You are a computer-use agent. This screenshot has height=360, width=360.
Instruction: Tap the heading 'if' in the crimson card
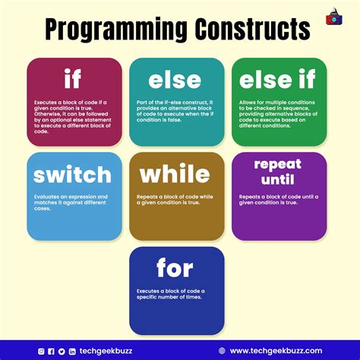pos(73,79)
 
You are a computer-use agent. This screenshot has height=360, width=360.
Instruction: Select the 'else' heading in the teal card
pos(176,79)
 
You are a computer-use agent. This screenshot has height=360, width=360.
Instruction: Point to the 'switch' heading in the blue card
pos(73,175)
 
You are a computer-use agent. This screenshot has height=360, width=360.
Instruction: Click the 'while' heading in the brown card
pos(176,175)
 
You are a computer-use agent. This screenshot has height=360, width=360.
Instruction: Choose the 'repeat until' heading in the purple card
pos(278,171)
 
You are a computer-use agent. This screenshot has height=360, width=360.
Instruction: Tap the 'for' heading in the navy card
pos(175,268)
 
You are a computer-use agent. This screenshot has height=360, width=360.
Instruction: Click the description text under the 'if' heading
pos(73,115)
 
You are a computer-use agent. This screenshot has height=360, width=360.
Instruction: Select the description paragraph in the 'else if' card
pos(279,112)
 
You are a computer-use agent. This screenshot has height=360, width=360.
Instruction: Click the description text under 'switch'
pos(69,201)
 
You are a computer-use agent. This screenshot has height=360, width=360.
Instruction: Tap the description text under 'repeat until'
pos(278,200)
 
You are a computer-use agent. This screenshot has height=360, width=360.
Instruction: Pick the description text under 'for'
pos(171,294)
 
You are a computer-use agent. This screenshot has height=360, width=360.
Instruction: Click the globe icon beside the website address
pos(222,351)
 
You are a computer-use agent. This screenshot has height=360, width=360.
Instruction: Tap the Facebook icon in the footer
pos(52,351)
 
